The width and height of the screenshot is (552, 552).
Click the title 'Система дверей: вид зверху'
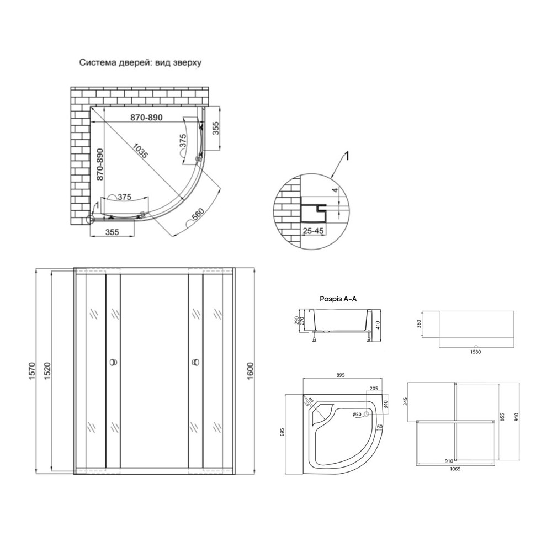(140, 62)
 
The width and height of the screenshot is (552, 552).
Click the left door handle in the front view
(113, 362)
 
